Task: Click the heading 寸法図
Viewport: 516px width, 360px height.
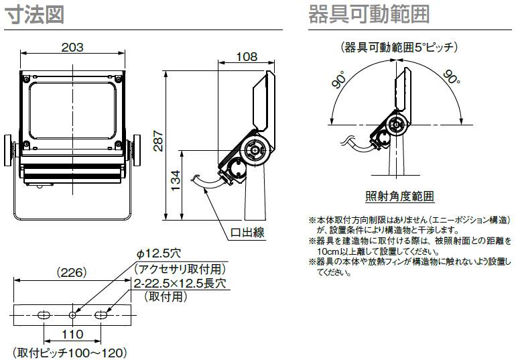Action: (x=35, y=14)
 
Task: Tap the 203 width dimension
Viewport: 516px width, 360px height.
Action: (x=72, y=48)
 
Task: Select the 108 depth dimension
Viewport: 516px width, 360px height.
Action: (x=247, y=58)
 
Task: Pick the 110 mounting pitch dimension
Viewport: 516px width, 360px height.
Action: (x=72, y=334)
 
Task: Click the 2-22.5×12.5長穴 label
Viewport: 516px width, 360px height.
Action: (x=180, y=284)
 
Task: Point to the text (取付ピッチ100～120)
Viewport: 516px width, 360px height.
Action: (x=70, y=352)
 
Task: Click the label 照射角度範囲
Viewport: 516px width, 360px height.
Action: (x=399, y=196)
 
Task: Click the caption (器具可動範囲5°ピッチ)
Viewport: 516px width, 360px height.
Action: (x=399, y=47)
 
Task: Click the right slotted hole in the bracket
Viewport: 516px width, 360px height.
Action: (x=101, y=314)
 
